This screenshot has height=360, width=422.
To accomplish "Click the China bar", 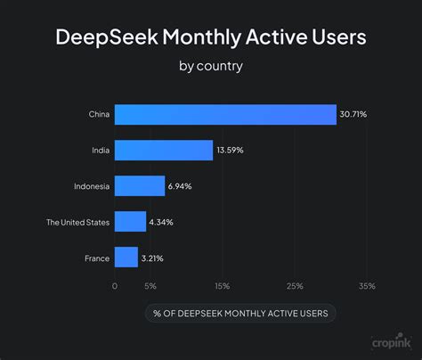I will (x=225, y=114).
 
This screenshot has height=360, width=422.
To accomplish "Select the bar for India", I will (x=164, y=150).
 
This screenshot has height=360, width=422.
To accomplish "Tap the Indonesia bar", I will (x=140, y=185).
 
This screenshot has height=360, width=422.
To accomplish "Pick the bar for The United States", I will (x=130, y=222).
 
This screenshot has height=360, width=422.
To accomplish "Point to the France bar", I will (x=126, y=258).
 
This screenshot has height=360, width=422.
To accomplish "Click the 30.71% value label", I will (x=352, y=114).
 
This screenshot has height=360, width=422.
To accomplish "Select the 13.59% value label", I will (x=229, y=150).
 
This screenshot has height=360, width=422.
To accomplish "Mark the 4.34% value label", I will (x=160, y=222).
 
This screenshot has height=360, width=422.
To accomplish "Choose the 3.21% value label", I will (x=152, y=258).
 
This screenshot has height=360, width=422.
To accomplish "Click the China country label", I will (x=99, y=114).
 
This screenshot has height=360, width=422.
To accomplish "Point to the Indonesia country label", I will (x=92, y=185).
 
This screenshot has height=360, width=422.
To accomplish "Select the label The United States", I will (x=78, y=222).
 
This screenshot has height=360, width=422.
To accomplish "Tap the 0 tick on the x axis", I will (x=115, y=286).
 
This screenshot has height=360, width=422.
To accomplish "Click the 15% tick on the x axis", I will (x=223, y=286).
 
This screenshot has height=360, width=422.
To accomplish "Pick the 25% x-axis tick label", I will (x=295, y=286).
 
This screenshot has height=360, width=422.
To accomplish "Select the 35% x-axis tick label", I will (x=367, y=286).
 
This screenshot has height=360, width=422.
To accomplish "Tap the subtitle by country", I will (x=210, y=65).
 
